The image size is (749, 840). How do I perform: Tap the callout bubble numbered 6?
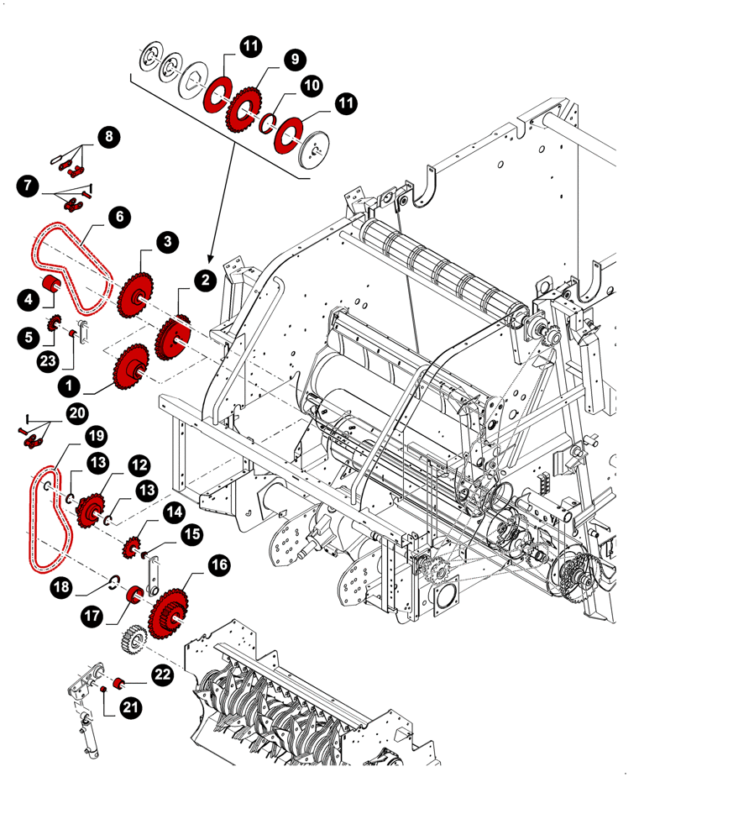(119, 217)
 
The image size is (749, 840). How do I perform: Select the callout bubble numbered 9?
(294, 59)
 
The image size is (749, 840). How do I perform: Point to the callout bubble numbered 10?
(312, 85)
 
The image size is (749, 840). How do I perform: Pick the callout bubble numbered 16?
(218, 565)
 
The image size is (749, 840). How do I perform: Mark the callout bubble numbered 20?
(77, 412)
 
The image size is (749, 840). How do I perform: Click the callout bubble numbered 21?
(129, 708)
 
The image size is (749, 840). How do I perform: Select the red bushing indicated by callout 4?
(50, 283)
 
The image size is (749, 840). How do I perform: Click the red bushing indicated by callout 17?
(132, 596)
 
